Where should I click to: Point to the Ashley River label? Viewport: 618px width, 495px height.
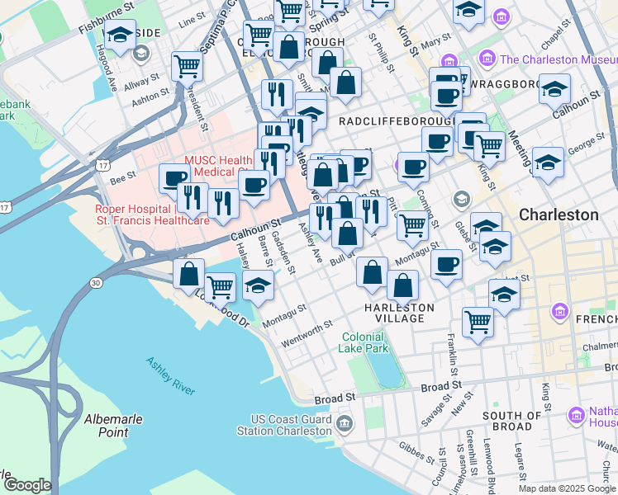point(170,376)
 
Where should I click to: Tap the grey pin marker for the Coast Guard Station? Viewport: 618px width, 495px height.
point(345,425)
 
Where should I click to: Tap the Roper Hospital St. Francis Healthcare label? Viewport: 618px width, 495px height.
point(152,215)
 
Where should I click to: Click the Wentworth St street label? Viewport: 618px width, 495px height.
point(307,332)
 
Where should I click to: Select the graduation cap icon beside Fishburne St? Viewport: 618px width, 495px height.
point(120,35)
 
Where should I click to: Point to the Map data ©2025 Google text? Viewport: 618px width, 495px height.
point(567,488)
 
